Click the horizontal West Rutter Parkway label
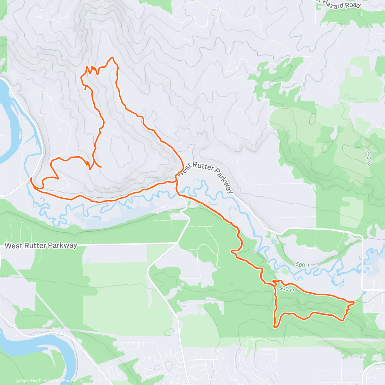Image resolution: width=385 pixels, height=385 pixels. [x=41, y=246]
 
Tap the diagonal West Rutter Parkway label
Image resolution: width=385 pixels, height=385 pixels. [x=205, y=177]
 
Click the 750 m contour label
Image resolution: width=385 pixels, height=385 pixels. [x=368, y=158]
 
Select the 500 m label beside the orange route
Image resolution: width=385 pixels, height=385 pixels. [x=286, y=288]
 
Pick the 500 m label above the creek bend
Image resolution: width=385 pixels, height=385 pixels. [x=303, y=265]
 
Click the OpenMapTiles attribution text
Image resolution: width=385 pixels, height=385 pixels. [x=31, y=381]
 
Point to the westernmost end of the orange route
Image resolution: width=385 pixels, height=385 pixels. [x=31, y=178]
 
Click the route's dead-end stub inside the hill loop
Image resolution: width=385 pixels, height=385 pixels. [x=101, y=167]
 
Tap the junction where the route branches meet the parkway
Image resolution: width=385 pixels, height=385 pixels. [x=176, y=181]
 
